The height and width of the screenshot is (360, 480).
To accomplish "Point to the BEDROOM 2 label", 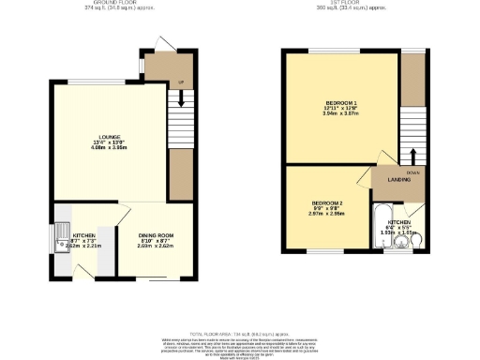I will click(x=327, y=202).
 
